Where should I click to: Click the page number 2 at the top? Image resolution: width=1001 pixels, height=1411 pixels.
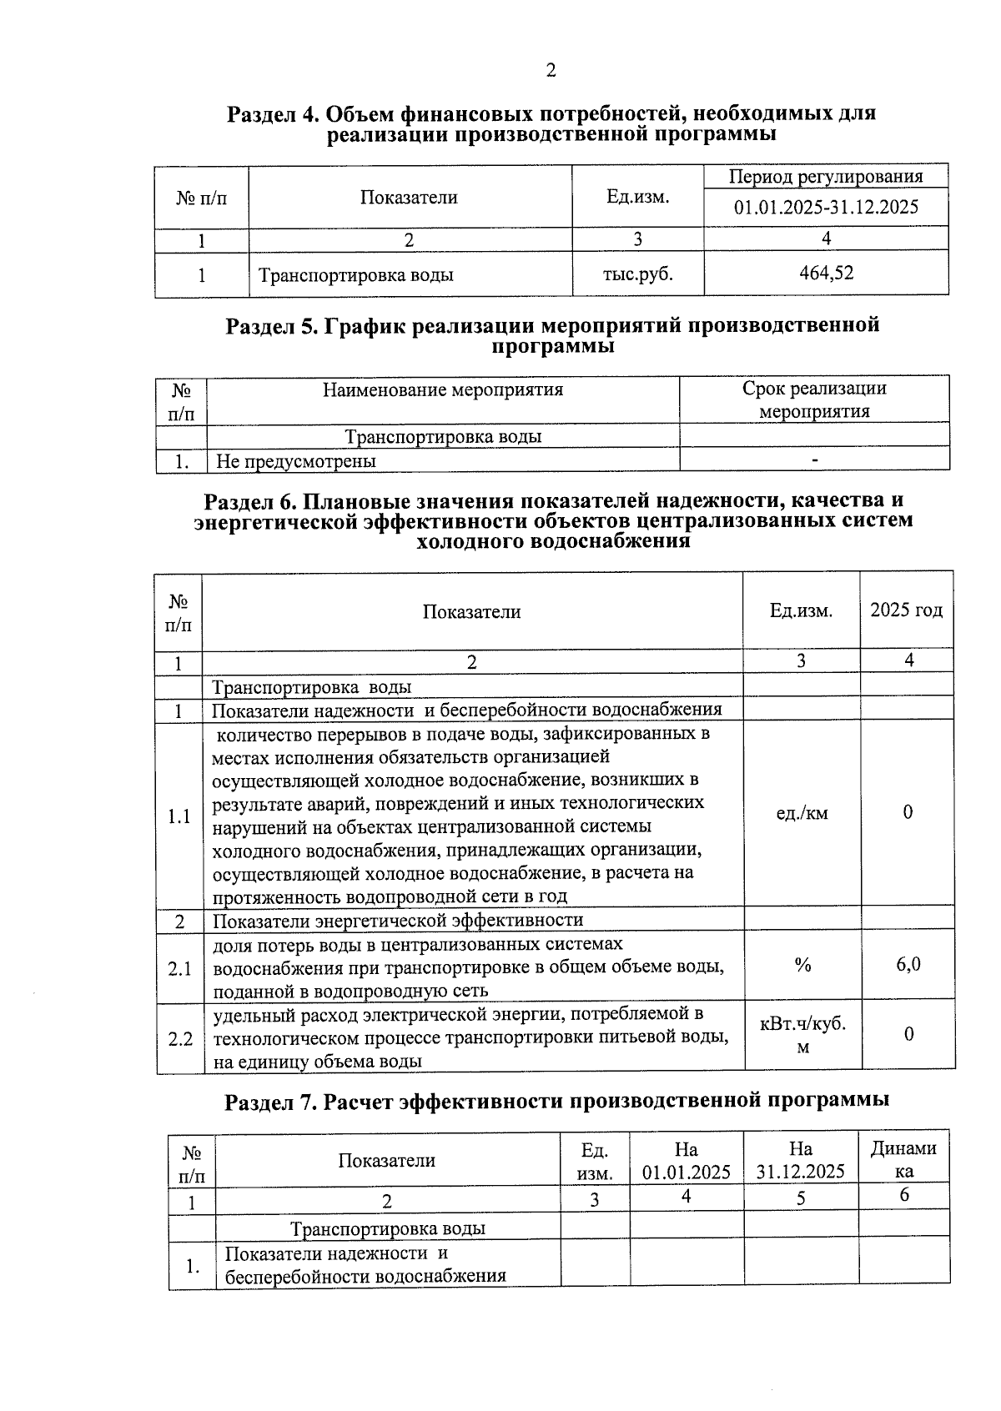[x=551, y=71]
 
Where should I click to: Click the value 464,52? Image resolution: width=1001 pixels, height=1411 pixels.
[x=826, y=273]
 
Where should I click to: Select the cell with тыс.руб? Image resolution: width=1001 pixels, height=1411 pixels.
[x=637, y=274]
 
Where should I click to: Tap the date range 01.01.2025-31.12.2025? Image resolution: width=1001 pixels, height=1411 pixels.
[x=826, y=207]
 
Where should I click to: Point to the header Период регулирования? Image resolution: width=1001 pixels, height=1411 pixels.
[x=826, y=176]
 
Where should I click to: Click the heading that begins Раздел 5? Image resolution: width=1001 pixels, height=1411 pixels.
[x=552, y=335]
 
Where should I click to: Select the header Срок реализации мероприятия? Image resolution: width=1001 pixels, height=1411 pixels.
[x=814, y=399]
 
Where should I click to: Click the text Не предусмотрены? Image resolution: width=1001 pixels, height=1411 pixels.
[x=296, y=460]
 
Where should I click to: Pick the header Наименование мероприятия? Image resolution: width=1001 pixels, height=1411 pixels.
[x=442, y=389]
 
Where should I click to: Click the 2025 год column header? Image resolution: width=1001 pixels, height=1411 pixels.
[x=906, y=610]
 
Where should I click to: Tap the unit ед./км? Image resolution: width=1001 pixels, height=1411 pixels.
[x=802, y=812]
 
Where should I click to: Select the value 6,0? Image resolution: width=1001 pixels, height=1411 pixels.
[x=908, y=965]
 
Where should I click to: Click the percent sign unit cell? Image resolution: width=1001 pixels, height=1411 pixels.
[x=802, y=965]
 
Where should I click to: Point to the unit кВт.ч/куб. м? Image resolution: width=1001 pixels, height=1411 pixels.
[x=802, y=1035]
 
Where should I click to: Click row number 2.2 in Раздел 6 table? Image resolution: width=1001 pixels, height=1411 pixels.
[x=180, y=1039]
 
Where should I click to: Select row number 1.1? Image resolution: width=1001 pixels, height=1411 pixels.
[x=179, y=816]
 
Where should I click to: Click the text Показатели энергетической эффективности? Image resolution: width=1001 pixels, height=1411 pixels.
[x=398, y=920]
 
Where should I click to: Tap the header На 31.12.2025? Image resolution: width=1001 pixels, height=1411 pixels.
[x=800, y=1160]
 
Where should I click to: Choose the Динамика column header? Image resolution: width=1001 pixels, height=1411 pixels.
[x=903, y=1159]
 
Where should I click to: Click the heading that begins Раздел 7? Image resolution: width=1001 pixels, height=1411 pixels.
[x=556, y=1100]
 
